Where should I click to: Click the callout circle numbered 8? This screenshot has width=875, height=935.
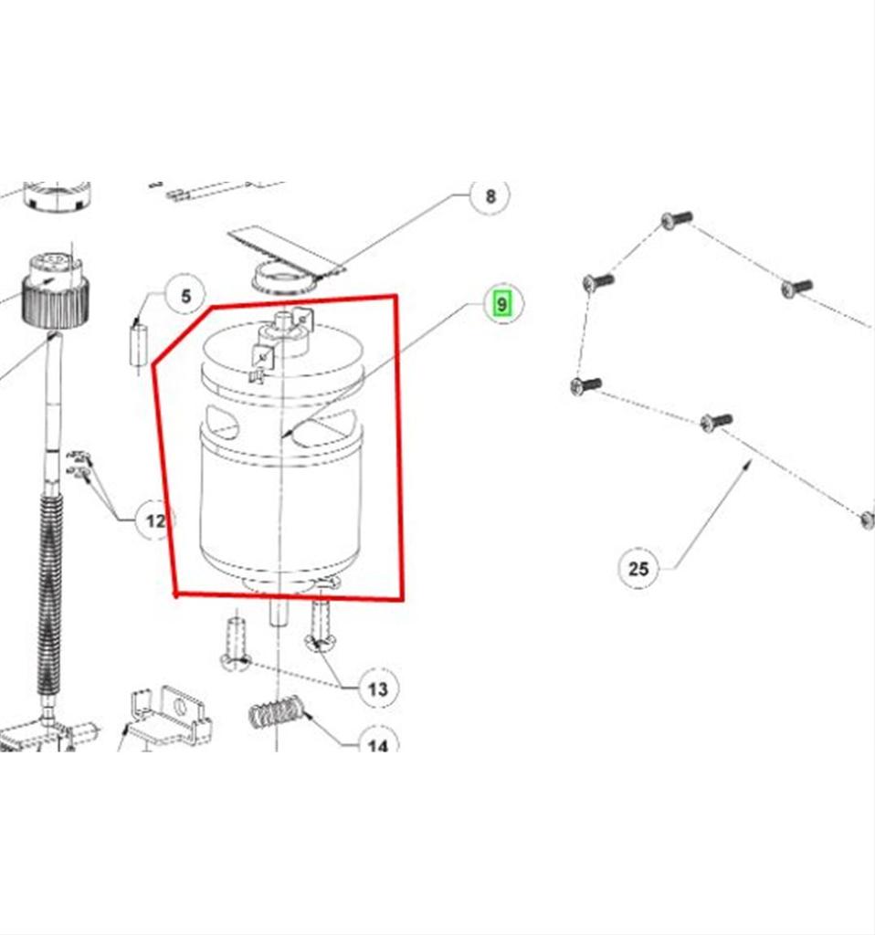click(x=490, y=195)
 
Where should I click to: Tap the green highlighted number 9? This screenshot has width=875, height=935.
click(x=502, y=304)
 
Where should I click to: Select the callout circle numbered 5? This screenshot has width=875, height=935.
click(x=185, y=295)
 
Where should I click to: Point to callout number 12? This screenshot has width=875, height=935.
click(x=155, y=520)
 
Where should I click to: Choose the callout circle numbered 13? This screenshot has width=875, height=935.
click(x=378, y=688)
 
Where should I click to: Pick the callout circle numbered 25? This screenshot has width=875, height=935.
click(x=638, y=568)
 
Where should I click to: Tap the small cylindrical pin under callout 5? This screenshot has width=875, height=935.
click(x=138, y=344)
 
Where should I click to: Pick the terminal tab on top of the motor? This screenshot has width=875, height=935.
click(x=263, y=356)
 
